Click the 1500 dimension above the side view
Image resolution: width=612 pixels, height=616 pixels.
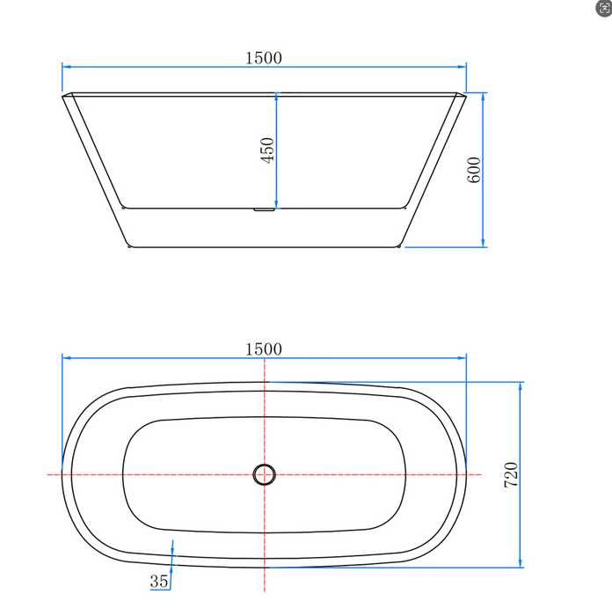264,57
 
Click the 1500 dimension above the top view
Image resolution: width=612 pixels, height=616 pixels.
264,348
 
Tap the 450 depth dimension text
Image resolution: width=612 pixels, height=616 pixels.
268,149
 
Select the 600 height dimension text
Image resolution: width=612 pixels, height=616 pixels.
474,168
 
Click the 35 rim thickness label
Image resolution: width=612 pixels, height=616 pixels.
159,581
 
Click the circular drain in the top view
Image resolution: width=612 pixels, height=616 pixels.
264,474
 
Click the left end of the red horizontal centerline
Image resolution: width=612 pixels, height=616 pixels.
48,474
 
